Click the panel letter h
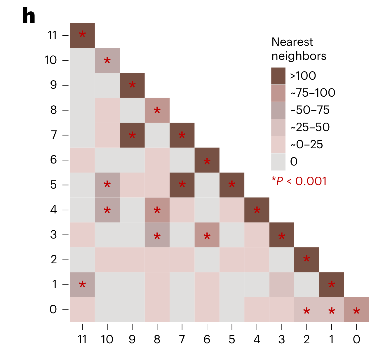click(x=29, y=16)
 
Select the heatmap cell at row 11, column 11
click(x=82, y=35)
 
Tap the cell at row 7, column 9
click(x=132, y=135)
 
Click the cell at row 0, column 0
click(x=356, y=309)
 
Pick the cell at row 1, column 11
click(x=82, y=285)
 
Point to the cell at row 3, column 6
click(x=207, y=235)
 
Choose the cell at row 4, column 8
click(x=157, y=210)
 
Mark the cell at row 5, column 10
click(x=107, y=185)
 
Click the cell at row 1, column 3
click(x=282, y=285)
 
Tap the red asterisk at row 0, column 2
click(x=307, y=311)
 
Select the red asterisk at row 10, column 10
click(x=107, y=61)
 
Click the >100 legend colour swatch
click(x=278, y=76)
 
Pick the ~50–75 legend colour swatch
click(x=278, y=110)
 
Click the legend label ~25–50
click(x=310, y=127)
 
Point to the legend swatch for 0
click(x=278, y=162)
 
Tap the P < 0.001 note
click(x=299, y=181)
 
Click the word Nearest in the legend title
click(x=292, y=42)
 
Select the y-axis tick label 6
click(x=53, y=160)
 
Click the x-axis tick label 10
click(x=107, y=339)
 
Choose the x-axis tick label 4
click(x=257, y=339)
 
